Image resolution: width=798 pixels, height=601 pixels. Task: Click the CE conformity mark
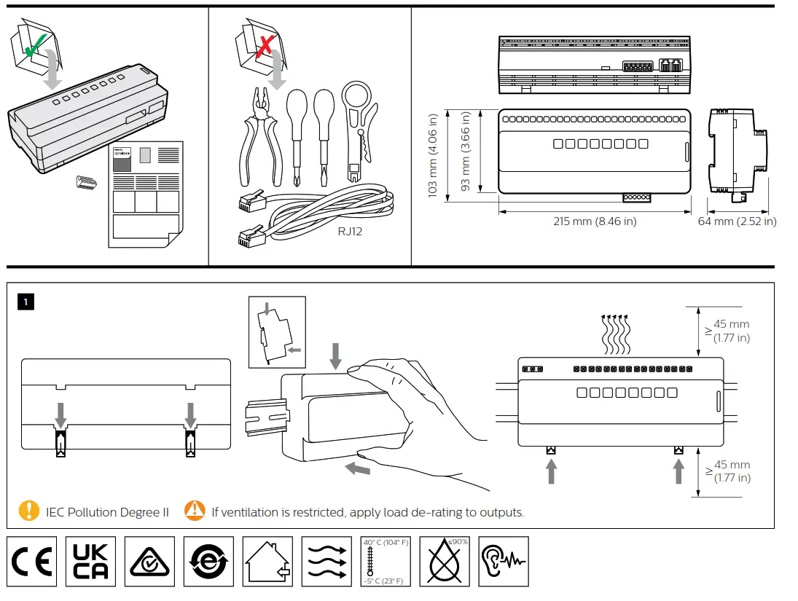32,562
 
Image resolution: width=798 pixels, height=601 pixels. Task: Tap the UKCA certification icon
91,562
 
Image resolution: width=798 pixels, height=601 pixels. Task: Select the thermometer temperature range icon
386,562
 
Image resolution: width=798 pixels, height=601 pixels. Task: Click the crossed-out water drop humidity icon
445,562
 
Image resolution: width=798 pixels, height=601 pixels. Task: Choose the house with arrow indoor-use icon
267,562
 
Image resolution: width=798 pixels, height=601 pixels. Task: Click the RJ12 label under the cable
350,232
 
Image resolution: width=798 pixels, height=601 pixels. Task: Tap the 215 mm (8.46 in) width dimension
594,221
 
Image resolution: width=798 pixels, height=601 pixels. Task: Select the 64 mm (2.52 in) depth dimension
737,221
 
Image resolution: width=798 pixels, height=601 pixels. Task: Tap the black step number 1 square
26,301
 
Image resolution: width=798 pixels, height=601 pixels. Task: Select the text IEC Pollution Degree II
107,512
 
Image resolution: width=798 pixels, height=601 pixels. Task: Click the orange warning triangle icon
195,511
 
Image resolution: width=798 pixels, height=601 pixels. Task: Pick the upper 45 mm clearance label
732,331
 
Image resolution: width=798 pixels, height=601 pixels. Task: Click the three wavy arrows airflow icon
326,562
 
